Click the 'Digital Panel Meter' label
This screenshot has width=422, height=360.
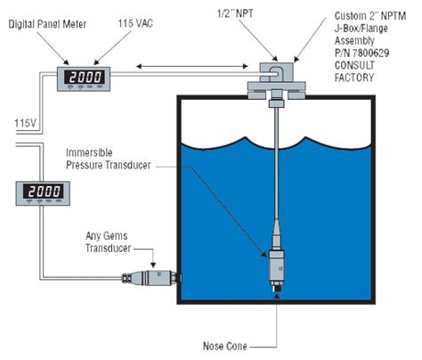(x=47, y=24)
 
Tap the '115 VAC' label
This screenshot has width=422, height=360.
(x=135, y=23)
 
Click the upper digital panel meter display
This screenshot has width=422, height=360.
(x=84, y=78)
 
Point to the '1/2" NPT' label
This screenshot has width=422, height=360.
(x=235, y=13)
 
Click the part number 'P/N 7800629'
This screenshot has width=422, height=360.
(x=362, y=53)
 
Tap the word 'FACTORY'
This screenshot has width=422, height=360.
(x=354, y=78)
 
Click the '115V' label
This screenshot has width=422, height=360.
(x=25, y=123)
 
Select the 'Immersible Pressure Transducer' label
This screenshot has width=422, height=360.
(x=109, y=159)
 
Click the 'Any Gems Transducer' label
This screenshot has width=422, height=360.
(x=108, y=242)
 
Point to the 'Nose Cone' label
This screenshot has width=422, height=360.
(x=225, y=346)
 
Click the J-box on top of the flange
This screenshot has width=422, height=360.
(x=277, y=72)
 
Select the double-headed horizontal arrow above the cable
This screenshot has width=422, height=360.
(x=192, y=66)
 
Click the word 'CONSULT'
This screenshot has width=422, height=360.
(x=354, y=65)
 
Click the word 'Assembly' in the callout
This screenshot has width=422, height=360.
(x=354, y=40)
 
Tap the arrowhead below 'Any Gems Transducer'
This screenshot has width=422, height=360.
(x=153, y=265)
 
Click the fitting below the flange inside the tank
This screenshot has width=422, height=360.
(x=277, y=103)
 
